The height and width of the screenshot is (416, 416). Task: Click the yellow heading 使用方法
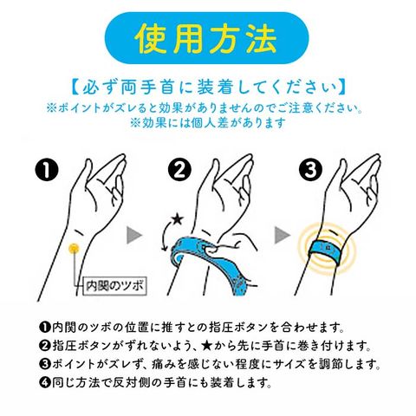[205, 38]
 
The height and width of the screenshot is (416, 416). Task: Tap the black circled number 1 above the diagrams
[47, 170]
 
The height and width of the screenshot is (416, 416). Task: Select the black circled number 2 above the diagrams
[179, 170]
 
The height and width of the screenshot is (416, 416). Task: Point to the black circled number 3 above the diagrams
[310, 170]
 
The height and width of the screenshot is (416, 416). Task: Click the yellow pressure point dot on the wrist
[74, 248]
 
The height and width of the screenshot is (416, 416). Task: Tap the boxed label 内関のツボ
[114, 286]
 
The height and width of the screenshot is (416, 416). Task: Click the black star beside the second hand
[177, 219]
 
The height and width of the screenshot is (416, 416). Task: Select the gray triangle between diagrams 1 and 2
[134, 235]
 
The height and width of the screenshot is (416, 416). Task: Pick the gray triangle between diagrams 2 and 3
[283, 235]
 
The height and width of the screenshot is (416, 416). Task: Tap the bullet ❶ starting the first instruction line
[45, 328]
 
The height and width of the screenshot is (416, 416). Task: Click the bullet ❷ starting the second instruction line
[45, 346]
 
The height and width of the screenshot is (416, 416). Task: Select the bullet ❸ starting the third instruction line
[45, 364]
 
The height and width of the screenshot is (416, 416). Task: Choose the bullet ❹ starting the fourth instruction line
[45, 382]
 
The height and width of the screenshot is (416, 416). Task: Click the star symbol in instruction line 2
[206, 346]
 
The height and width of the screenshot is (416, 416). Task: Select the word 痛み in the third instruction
[164, 364]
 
